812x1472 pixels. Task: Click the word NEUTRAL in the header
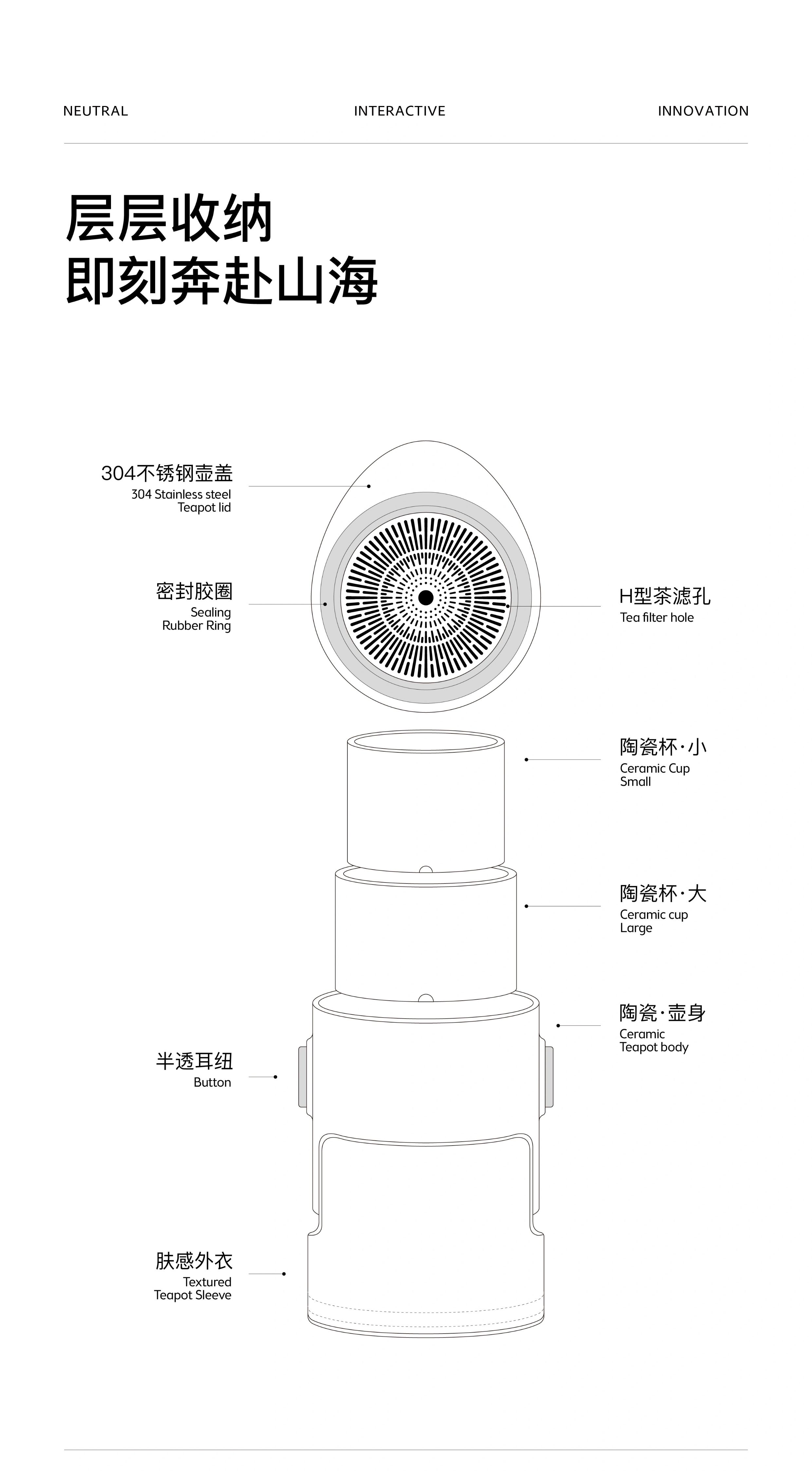tap(96, 111)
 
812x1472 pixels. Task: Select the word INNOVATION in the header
tap(703, 111)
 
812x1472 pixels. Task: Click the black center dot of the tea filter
tap(425, 598)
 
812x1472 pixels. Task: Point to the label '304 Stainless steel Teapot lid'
tap(181, 500)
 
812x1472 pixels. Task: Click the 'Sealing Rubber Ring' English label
tap(197, 619)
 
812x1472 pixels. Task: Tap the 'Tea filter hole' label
tap(656, 617)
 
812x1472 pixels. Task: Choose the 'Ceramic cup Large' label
tap(654, 921)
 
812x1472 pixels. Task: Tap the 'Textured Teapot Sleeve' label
tap(193, 1288)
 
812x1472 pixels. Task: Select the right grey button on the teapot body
tap(549, 1077)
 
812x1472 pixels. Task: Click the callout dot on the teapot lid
tap(369, 486)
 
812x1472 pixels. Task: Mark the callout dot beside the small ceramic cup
tap(526, 760)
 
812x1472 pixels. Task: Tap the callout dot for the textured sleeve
tap(284, 1274)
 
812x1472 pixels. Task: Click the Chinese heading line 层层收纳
tap(169, 218)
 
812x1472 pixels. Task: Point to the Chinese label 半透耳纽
tap(194, 1061)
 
